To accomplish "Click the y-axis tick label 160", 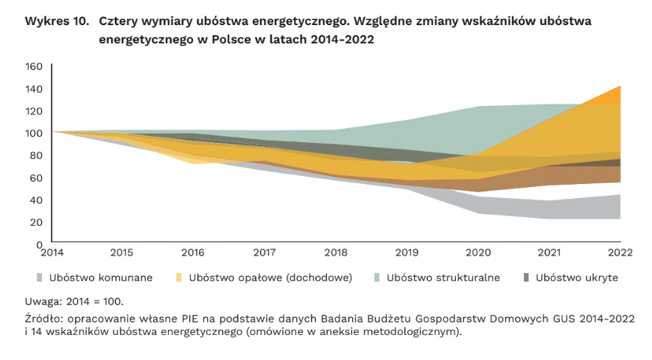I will pyautogui.click(x=34, y=67).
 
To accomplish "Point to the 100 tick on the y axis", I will pyautogui.click(x=34, y=133).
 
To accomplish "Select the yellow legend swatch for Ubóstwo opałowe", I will pyautogui.click(x=179, y=278).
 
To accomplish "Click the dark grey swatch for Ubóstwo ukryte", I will pyautogui.click(x=526, y=278).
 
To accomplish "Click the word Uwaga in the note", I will pyautogui.click(x=41, y=301).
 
